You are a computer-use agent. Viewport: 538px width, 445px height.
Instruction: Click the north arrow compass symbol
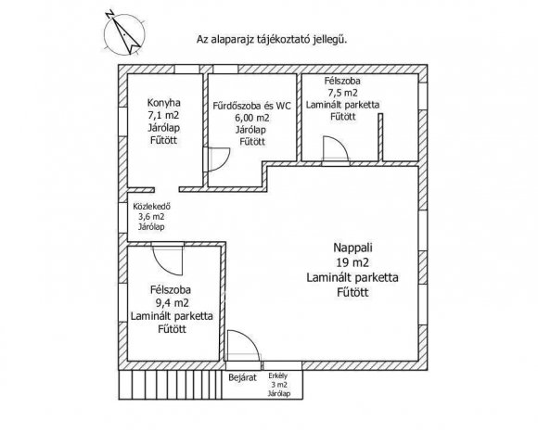pyautogui.click(x=124, y=34)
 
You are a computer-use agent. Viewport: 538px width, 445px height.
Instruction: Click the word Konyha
pyautogui.click(x=163, y=103)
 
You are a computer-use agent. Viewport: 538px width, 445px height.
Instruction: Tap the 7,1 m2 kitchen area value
pyautogui.click(x=163, y=115)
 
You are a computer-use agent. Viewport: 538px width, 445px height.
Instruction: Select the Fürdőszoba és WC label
pyautogui.click(x=251, y=106)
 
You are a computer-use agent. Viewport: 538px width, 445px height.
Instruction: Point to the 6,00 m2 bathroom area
pyautogui.click(x=252, y=118)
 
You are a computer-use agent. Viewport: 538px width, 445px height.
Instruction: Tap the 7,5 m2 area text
pyautogui.click(x=342, y=93)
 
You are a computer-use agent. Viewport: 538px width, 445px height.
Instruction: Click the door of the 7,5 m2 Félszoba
pyautogui.click(x=336, y=148)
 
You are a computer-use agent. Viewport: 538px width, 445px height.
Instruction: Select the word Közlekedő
pyautogui.click(x=151, y=207)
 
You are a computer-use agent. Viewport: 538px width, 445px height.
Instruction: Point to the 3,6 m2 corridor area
pyautogui.click(x=151, y=217)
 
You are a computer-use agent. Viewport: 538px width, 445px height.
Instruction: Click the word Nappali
pyautogui.click(x=352, y=248)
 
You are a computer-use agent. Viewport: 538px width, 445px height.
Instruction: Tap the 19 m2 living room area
pyautogui.click(x=352, y=262)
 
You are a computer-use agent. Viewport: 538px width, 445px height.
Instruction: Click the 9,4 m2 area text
pyautogui.click(x=172, y=303)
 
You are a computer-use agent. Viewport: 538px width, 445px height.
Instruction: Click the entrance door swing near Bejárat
pyautogui.click(x=244, y=345)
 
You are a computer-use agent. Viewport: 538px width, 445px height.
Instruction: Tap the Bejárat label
pyautogui.click(x=243, y=378)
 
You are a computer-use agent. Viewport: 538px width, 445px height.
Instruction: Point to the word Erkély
pyautogui.click(x=278, y=375)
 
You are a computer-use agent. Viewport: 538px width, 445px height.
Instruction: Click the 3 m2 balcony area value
pyautogui.click(x=279, y=385)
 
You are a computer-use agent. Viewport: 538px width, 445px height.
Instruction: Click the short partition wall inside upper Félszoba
pyautogui.click(x=380, y=137)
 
